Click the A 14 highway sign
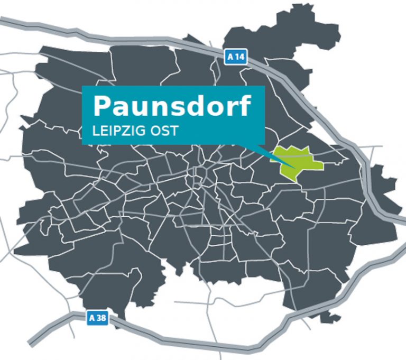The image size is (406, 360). tap(236, 57)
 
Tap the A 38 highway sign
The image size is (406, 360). tap(97, 318)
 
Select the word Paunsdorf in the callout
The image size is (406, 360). tap(171, 107)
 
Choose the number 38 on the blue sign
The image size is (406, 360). tap(100, 318)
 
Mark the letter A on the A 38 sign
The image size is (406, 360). tap(91, 318)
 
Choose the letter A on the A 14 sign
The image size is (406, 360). tap(230, 57)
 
